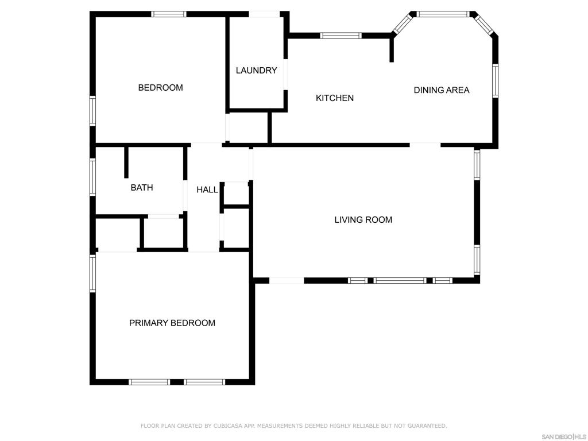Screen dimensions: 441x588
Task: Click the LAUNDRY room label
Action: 256,71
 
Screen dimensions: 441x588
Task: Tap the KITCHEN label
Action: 335,98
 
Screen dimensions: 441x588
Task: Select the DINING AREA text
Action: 441,90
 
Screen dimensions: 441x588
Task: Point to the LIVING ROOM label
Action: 363,220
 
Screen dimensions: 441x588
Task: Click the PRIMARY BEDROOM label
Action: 172,323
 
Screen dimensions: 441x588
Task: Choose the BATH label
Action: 141,188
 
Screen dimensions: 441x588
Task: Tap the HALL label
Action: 207,189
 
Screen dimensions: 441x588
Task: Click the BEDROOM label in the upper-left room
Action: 160,88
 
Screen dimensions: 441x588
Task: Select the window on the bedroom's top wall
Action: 169,14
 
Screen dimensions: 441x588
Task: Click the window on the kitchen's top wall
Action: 341,36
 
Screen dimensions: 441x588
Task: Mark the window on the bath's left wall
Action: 92,177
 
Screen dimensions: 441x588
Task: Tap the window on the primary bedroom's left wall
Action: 92,273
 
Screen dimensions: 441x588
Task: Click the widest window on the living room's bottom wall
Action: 400,280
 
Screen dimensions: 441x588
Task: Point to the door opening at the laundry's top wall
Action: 264,14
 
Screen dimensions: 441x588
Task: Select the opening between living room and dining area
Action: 425,145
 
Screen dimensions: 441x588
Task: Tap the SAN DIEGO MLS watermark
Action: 564,436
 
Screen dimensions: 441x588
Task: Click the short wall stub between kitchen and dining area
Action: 392,49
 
